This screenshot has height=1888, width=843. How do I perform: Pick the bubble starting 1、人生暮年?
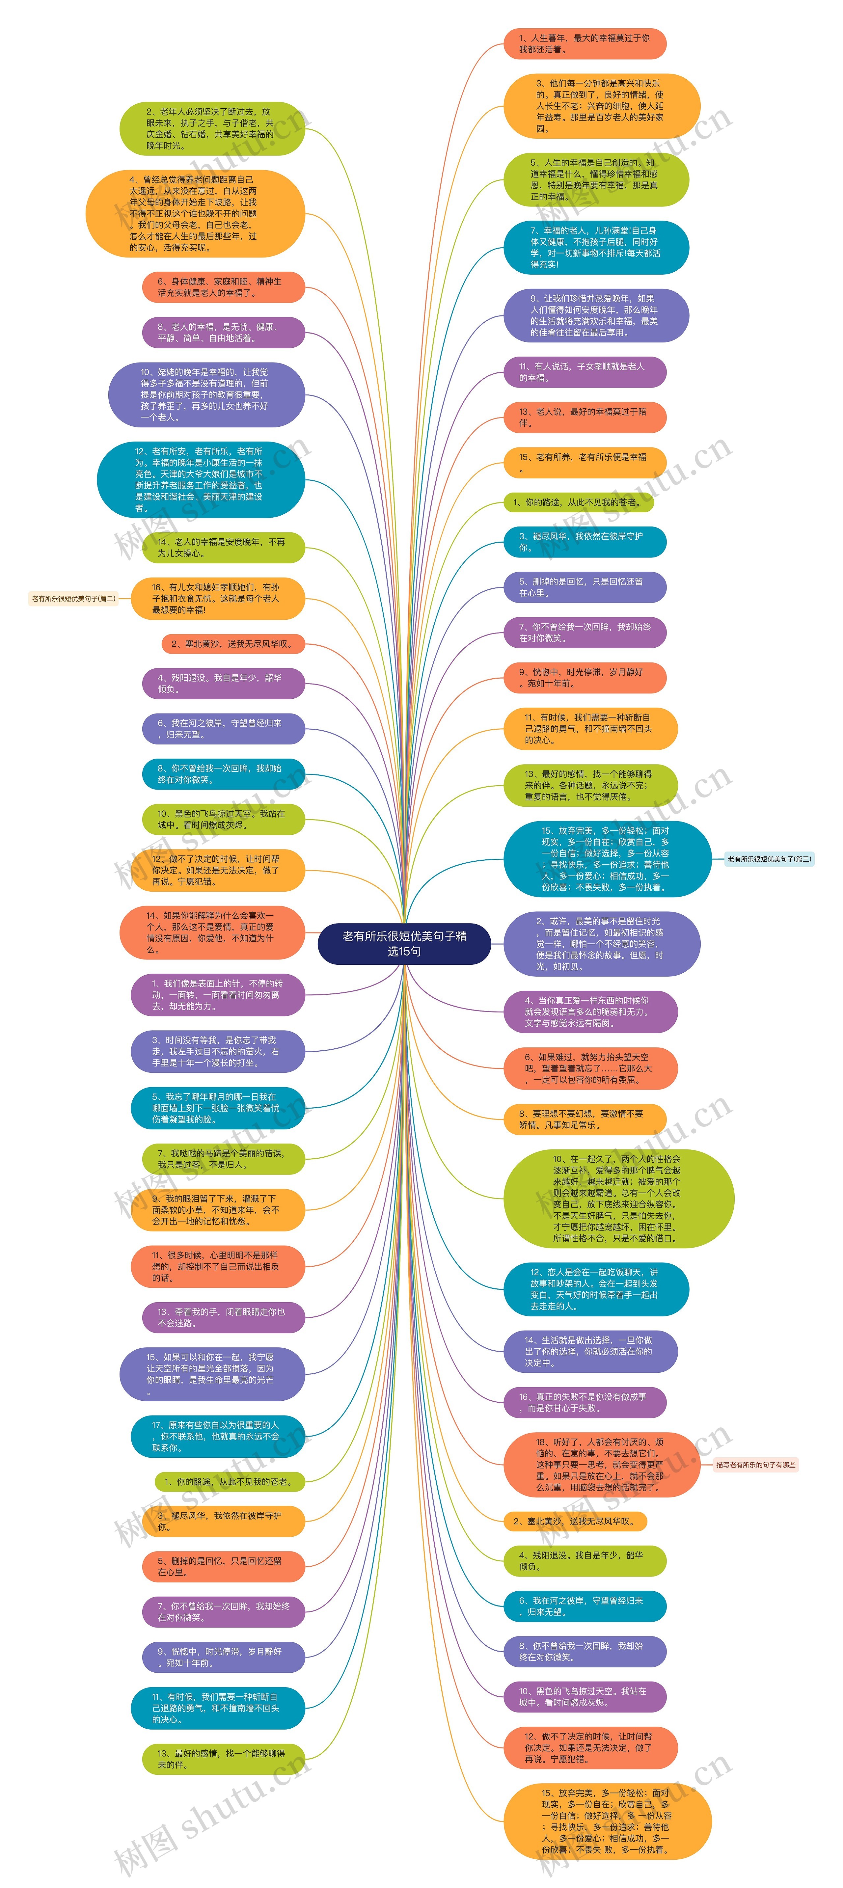pos(584,44)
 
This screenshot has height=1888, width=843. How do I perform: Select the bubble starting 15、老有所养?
pos(584,463)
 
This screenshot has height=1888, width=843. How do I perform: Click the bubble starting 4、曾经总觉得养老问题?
pos(195,213)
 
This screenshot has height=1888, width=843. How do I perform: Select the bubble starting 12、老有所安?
pos(200,479)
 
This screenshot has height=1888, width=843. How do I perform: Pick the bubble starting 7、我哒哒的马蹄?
pos(223,1159)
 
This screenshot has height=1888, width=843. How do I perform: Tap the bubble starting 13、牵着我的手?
pos(223,1317)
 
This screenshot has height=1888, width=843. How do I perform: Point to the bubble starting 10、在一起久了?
pos(618,1198)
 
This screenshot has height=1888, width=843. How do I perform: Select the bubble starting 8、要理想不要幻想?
pos(584,1119)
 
